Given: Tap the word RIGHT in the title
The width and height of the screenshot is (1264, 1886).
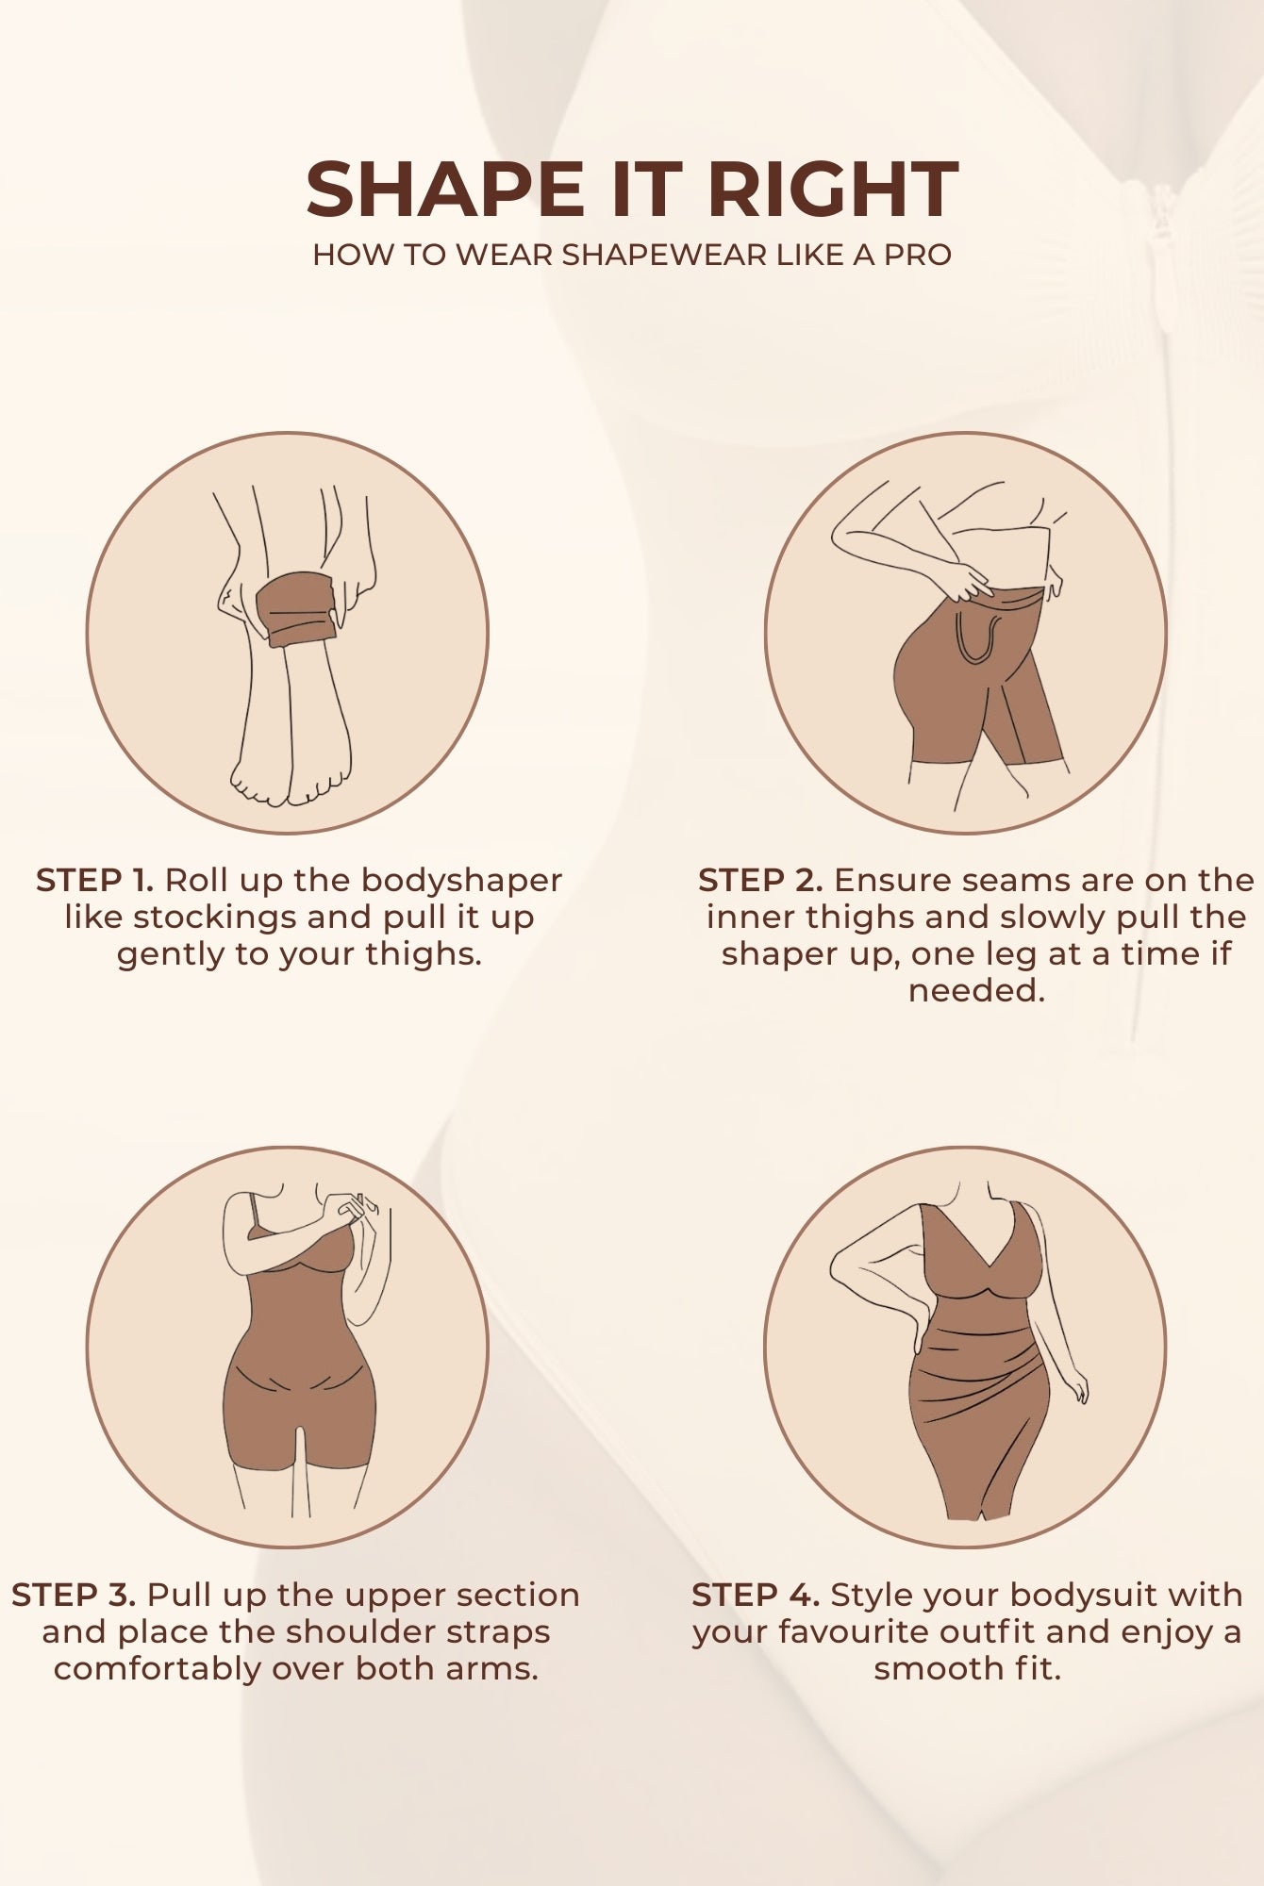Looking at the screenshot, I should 833,190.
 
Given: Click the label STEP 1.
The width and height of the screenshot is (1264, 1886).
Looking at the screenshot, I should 94,881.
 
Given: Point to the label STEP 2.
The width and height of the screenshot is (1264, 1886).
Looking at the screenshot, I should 760,881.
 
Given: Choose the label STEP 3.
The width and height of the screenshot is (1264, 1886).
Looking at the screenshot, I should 74,1595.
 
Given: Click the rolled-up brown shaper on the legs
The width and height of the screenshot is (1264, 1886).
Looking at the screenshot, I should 297,609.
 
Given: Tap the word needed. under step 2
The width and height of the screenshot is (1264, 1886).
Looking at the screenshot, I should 976,991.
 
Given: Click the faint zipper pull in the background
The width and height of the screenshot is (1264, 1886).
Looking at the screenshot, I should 1161,219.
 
